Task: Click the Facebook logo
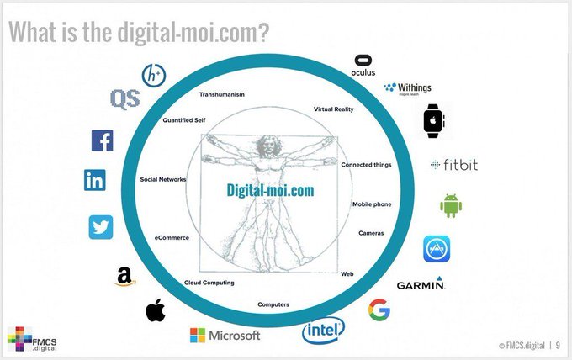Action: point(102,140)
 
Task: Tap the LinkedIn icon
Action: point(95,180)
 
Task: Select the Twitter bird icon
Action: point(101,227)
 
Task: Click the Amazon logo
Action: point(125,277)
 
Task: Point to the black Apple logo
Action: point(156,310)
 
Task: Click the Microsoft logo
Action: point(225,336)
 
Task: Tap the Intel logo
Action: point(323,331)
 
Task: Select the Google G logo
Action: point(379,310)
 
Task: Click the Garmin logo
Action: point(421,283)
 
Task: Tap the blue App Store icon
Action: point(437,249)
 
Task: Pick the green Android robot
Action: point(451,206)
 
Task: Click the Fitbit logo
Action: point(454,165)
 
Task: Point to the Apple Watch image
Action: point(433,121)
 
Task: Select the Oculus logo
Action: point(363,66)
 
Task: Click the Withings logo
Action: point(407,88)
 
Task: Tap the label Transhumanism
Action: point(222,94)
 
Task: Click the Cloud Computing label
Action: point(209,283)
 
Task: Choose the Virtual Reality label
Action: point(333,109)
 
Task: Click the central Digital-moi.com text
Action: point(270,190)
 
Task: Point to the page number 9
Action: point(558,345)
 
